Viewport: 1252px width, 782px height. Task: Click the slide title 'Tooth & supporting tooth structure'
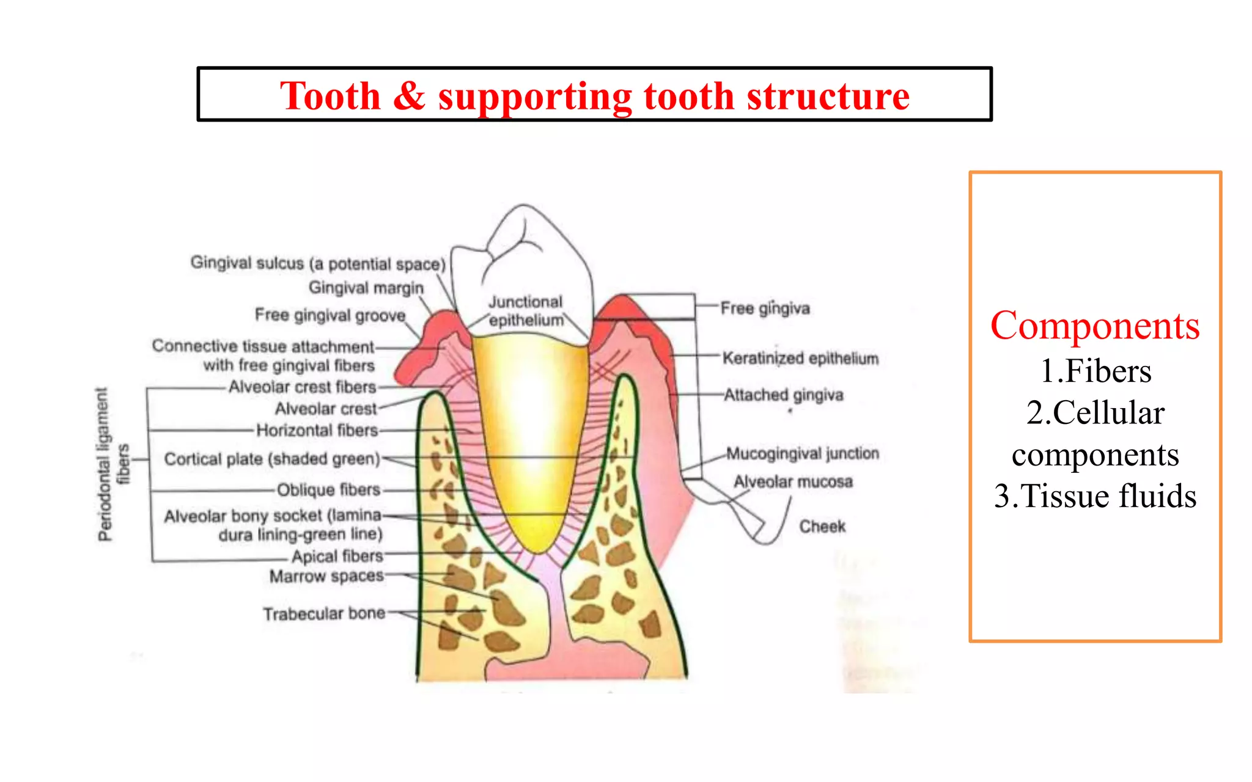[x=594, y=96]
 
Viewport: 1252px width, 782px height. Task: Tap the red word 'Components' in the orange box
[x=1094, y=326]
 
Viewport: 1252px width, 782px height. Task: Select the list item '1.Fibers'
[x=1095, y=371]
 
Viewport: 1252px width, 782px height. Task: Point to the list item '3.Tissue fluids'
[x=1095, y=495]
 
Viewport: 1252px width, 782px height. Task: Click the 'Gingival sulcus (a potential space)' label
[x=318, y=263]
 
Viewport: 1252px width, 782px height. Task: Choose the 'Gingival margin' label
[x=366, y=287]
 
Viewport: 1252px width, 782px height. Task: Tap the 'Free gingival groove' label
[x=330, y=315]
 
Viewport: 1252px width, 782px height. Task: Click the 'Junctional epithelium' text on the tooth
[x=526, y=311]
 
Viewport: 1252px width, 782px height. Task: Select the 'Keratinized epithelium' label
[x=800, y=357]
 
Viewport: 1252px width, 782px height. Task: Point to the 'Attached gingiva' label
[x=783, y=395]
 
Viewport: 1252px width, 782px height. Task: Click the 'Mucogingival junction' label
[x=802, y=453]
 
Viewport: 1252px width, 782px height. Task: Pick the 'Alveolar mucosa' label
[x=793, y=481]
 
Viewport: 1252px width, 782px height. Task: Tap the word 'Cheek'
[x=822, y=526]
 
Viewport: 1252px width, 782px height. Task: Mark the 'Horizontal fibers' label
[x=317, y=430]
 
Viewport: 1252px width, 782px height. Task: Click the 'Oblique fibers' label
[x=328, y=489]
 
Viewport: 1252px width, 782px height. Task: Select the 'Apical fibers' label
[x=337, y=556]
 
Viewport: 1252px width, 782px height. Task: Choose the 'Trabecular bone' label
[x=324, y=613]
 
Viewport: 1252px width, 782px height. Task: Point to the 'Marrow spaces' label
[x=326, y=576]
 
